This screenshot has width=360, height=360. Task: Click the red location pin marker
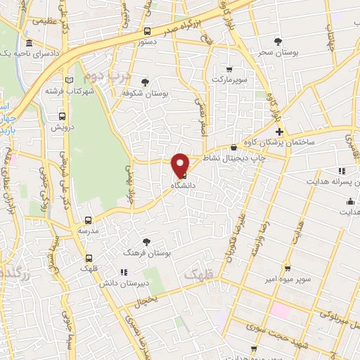pyautogui.click(x=181, y=166)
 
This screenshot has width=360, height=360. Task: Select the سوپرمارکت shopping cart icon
pyautogui.click(x=229, y=69)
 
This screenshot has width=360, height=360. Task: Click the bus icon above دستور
pyautogui.click(x=147, y=31)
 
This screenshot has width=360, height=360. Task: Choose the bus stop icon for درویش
pyautogui.click(x=63, y=116)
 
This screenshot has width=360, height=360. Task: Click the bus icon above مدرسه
pyautogui.click(x=89, y=219)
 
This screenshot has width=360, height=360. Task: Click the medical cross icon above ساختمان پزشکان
pyautogui.click(x=280, y=131)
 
